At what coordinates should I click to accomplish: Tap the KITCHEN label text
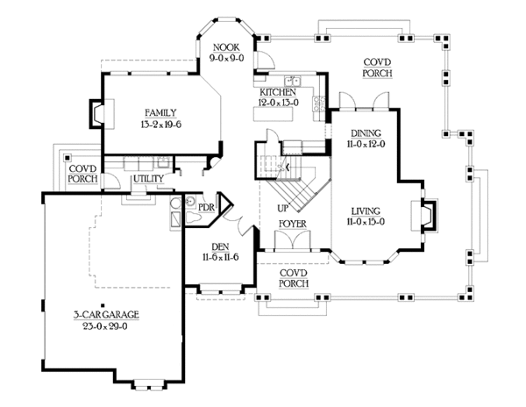pos(277,91)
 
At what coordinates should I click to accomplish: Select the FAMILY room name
pos(161,112)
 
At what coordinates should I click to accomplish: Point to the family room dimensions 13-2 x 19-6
pos(161,124)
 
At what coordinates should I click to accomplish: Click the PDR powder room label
pos(206,207)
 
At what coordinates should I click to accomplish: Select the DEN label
pos(220,247)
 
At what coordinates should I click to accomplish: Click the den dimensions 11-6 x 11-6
pos(220,259)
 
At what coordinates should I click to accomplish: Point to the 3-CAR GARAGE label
pos(105,313)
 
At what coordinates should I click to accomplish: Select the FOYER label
pos(292,225)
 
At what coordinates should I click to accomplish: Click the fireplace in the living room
pos(427,213)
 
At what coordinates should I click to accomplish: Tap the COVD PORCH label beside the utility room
pos(82,172)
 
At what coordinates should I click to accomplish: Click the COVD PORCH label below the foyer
pos(291,277)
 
